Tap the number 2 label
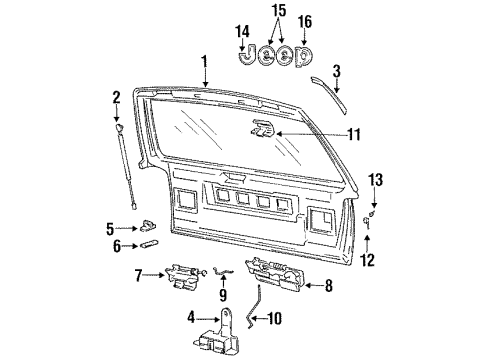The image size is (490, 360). (x=117, y=97)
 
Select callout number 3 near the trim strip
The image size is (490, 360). (x=336, y=70)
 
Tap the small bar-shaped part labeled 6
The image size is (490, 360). (x=149, y=244)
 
